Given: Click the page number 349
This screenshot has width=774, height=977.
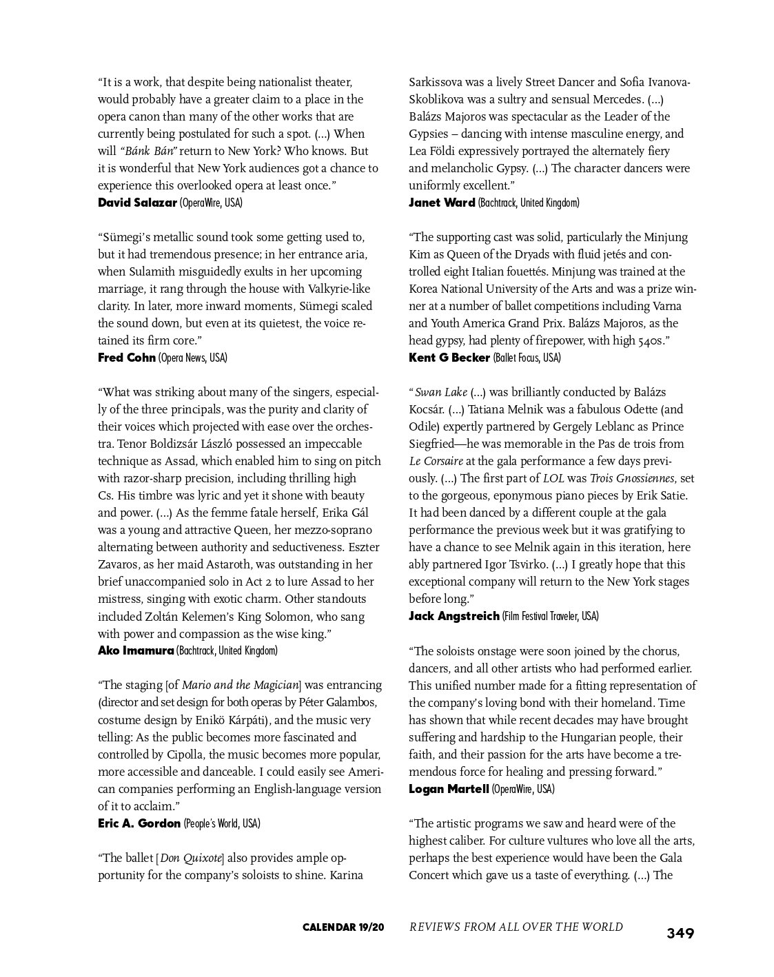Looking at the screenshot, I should pos(680,934).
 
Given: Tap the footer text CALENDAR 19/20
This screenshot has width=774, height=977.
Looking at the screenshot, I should pos(343,927).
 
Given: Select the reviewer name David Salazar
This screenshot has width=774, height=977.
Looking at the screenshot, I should pos(137,203).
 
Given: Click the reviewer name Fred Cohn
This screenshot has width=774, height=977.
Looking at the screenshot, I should pos(127,358).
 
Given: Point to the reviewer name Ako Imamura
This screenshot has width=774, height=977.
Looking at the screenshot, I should pos(136,650).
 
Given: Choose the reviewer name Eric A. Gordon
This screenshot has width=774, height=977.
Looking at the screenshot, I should pos(139,823).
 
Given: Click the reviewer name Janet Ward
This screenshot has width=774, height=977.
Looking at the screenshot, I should pos(442,203).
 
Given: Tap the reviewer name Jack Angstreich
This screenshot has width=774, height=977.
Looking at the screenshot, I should pos(454,616).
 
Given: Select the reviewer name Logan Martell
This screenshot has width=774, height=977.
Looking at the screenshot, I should pos(449,789).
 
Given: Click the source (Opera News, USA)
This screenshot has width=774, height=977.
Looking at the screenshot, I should pos(193,358).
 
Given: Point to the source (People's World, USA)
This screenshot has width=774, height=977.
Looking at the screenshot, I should pos(222,823).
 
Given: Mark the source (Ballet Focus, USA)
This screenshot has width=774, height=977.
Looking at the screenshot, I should pos(527,358).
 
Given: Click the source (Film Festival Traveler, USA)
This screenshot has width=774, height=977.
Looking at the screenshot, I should pos(550,616).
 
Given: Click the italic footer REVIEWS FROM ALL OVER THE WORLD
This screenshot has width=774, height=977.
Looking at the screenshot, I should pos(516,927).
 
